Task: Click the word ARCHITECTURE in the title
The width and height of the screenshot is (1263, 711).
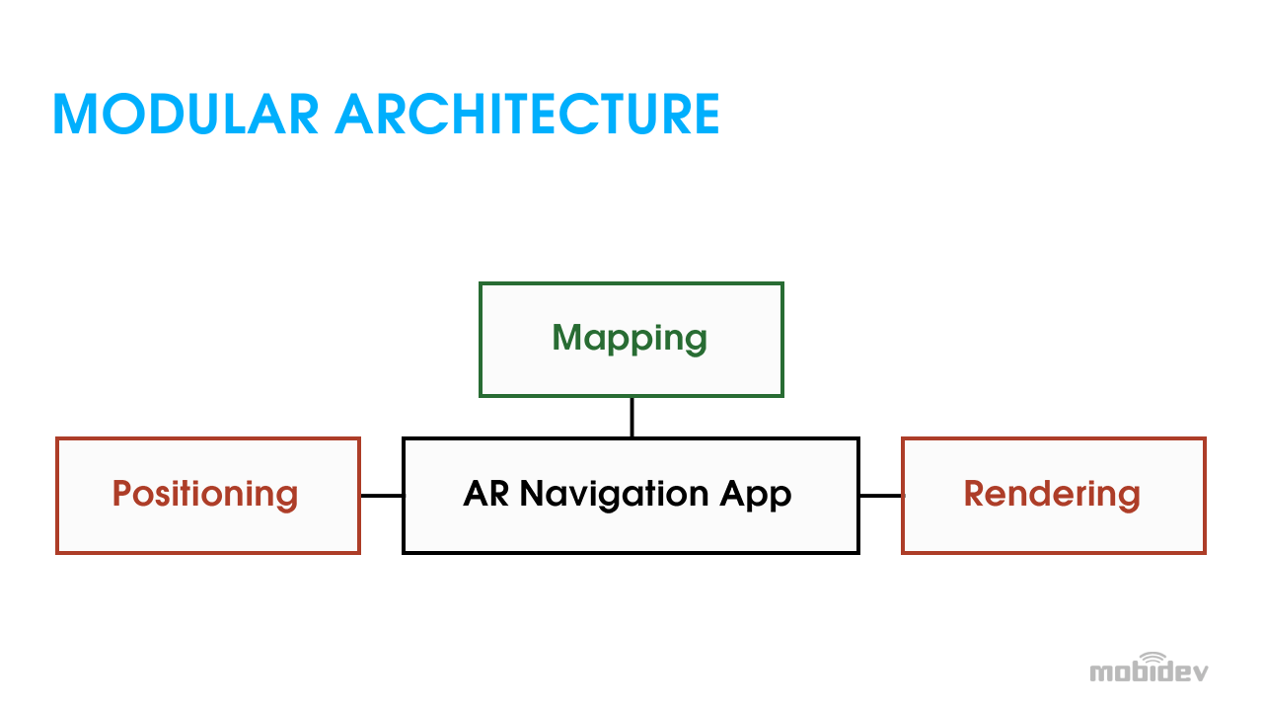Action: point(527,114)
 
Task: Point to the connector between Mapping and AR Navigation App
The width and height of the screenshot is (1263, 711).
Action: point(631,418)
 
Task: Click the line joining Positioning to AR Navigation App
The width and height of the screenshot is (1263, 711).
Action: point(382,496)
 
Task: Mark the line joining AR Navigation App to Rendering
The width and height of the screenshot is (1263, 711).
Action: point(881,496)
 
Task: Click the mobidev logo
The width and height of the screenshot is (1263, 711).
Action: point(1149,668)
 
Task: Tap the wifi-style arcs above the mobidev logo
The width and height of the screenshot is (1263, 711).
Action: point(1153,658)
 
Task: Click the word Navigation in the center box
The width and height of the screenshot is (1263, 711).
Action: point(614,496)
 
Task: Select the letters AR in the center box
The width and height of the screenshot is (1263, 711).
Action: point(486,494)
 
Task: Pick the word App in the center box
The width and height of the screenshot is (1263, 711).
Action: point(756,497)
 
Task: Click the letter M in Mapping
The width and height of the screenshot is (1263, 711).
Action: point(566,337)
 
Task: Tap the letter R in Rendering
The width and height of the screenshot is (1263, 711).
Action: point(975,493)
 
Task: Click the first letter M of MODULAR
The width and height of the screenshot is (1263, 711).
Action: point(74,114)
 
